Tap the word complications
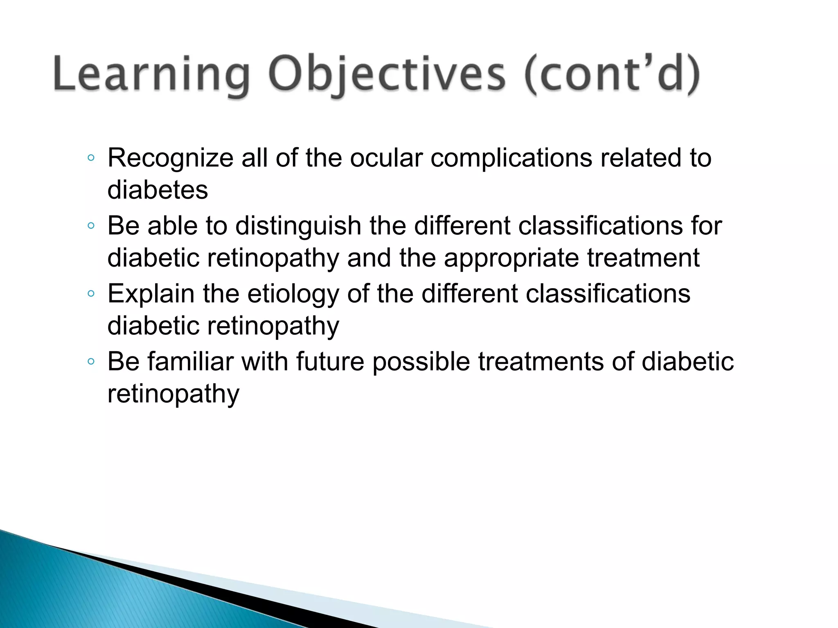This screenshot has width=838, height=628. coord(511,158)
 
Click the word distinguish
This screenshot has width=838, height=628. coord(298,226)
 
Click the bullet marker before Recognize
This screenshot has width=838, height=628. coord(91,158)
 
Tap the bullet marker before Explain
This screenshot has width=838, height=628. coord(91,294)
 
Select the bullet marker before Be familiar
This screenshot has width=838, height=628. coord(91,361)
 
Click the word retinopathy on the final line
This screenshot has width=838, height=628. coord(173,395)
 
